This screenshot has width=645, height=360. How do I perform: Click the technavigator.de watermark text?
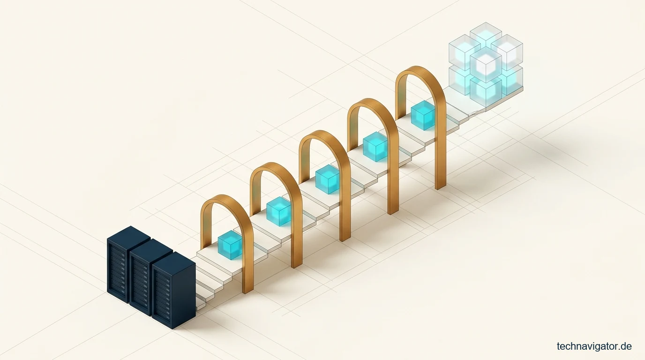pyautogui.click(x=594, y=346)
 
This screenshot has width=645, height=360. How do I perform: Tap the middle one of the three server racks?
pyautogui.click(x=151, y=277)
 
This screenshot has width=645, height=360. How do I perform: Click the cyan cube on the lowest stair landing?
pyautogui.click(x=230, y=245)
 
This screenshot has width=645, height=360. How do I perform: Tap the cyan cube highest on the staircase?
pyautogui.click(x=423, y=115)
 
